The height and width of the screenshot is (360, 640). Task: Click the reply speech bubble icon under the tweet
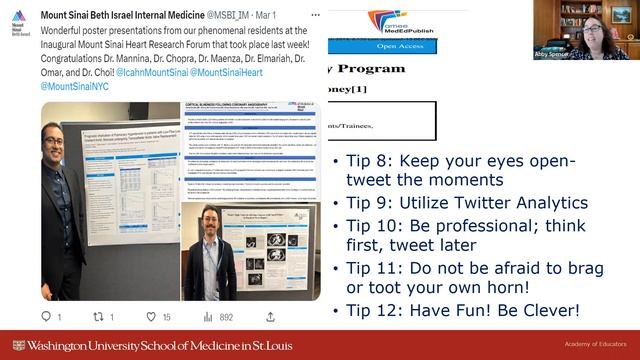(x=46, y=317)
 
